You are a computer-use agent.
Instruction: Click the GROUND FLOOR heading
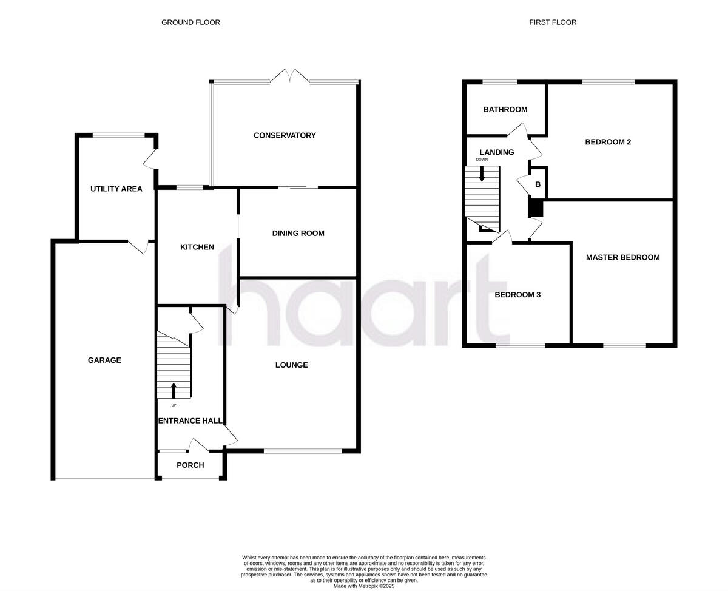190,22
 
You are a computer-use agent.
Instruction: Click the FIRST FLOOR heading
553,22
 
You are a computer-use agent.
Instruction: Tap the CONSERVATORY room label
285,135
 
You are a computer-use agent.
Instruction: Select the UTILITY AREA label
116,189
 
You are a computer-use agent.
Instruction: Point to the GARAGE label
104,360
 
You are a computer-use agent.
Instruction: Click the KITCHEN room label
197,247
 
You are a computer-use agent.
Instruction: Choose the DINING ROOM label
298,233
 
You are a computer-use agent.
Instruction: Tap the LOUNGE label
291,365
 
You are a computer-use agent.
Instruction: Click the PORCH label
190,465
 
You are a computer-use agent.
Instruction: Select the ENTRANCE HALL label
190,421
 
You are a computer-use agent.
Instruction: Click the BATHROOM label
505,110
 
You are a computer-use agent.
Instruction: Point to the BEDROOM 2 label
608,142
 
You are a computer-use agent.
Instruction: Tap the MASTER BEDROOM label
622,257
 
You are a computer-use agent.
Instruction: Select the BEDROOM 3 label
517,295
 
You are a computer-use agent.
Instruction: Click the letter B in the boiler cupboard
538,184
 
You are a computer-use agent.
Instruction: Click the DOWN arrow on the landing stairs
482,174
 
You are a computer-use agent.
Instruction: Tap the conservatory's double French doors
290,76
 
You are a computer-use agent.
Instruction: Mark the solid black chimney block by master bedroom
535,208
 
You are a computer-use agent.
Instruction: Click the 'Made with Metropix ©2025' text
364,586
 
